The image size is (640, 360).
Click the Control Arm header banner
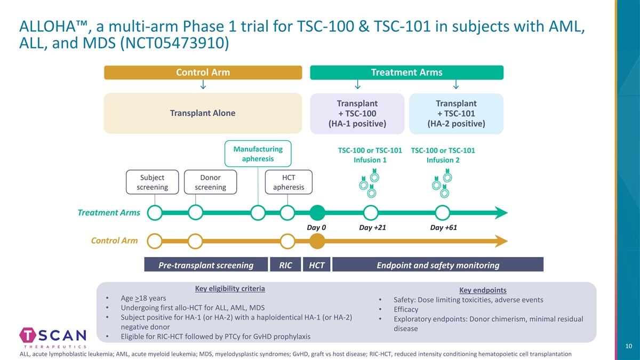(203, 73)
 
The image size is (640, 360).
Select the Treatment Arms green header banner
(406, 73)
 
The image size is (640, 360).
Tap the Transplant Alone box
(203, 113)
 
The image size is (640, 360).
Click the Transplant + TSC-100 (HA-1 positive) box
(357, 113)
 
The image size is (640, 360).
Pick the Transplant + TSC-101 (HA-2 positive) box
(456, 113)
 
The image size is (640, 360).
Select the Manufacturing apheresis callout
(258, 154)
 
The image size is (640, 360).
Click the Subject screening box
(152, 182)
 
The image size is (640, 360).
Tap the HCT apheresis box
(289, 182)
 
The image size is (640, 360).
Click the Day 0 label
(316, 228)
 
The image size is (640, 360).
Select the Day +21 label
(372, 228)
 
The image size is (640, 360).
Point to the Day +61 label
(443, 228)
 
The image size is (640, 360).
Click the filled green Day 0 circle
(317, 213)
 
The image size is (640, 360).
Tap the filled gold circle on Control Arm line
(317, 241)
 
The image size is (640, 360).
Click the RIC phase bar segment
(285, 265)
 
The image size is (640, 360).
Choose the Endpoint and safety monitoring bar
(437, 265)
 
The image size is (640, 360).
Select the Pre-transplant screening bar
(206, 265)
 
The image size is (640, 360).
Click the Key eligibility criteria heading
(230, 289)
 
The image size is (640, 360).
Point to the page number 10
(628, 347)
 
